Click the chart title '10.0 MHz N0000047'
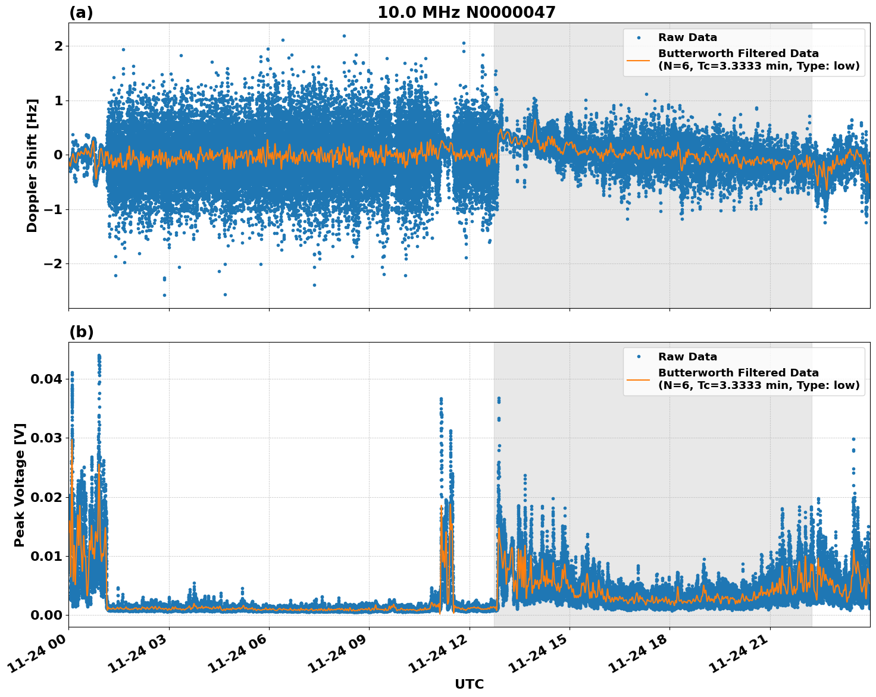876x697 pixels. [x=466, y=12]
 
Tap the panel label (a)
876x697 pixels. [x=81, y=12]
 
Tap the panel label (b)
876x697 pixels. [x=81, y=332]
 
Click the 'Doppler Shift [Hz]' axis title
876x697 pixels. [x=32, y=165]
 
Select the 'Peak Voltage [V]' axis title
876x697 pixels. [x=20, y=485]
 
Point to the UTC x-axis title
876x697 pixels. [x=469, y=684]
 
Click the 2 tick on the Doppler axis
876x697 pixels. [x=58, y=46]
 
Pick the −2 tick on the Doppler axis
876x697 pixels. [x=54, y=264]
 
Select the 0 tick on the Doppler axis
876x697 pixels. [x=58, y=155]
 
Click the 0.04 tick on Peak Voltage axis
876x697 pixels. [x=45, y=379]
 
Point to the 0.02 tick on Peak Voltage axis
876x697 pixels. [x=45, y=497]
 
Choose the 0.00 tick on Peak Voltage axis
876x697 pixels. [x=45, y=615]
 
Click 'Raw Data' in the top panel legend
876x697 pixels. [x=687, y=38]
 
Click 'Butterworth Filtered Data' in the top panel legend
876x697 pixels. [x=738, y=54]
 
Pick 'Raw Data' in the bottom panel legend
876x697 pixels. [x=687, y=357]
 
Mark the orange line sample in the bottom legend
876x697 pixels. [x=639, y=379]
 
